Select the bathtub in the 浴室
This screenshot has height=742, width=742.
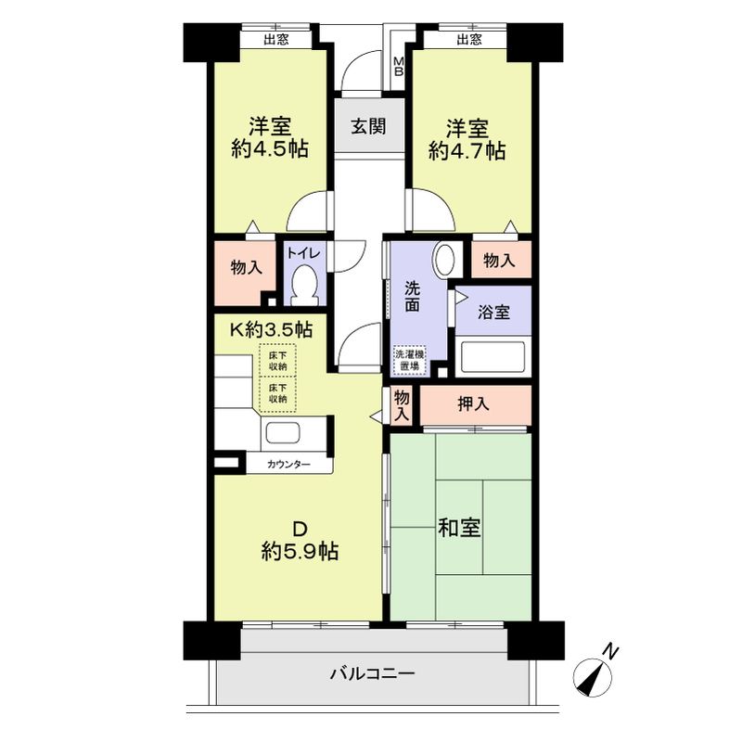[492, 356]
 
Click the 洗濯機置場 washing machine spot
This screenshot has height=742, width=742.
[408, 360]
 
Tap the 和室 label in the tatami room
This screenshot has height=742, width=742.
[459, 528]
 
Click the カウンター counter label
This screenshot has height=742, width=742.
[289, 464]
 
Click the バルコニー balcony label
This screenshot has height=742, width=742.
[372, 674]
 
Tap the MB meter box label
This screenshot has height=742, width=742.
[399, 68]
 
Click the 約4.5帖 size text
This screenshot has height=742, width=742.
[270, 148]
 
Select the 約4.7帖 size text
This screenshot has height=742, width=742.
[467, 149]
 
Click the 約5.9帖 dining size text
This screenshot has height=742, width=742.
[299, 552]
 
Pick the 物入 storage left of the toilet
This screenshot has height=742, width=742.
[245, 267]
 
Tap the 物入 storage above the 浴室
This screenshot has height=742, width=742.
[500, 261]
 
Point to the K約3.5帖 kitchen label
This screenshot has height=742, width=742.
[271, 328]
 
